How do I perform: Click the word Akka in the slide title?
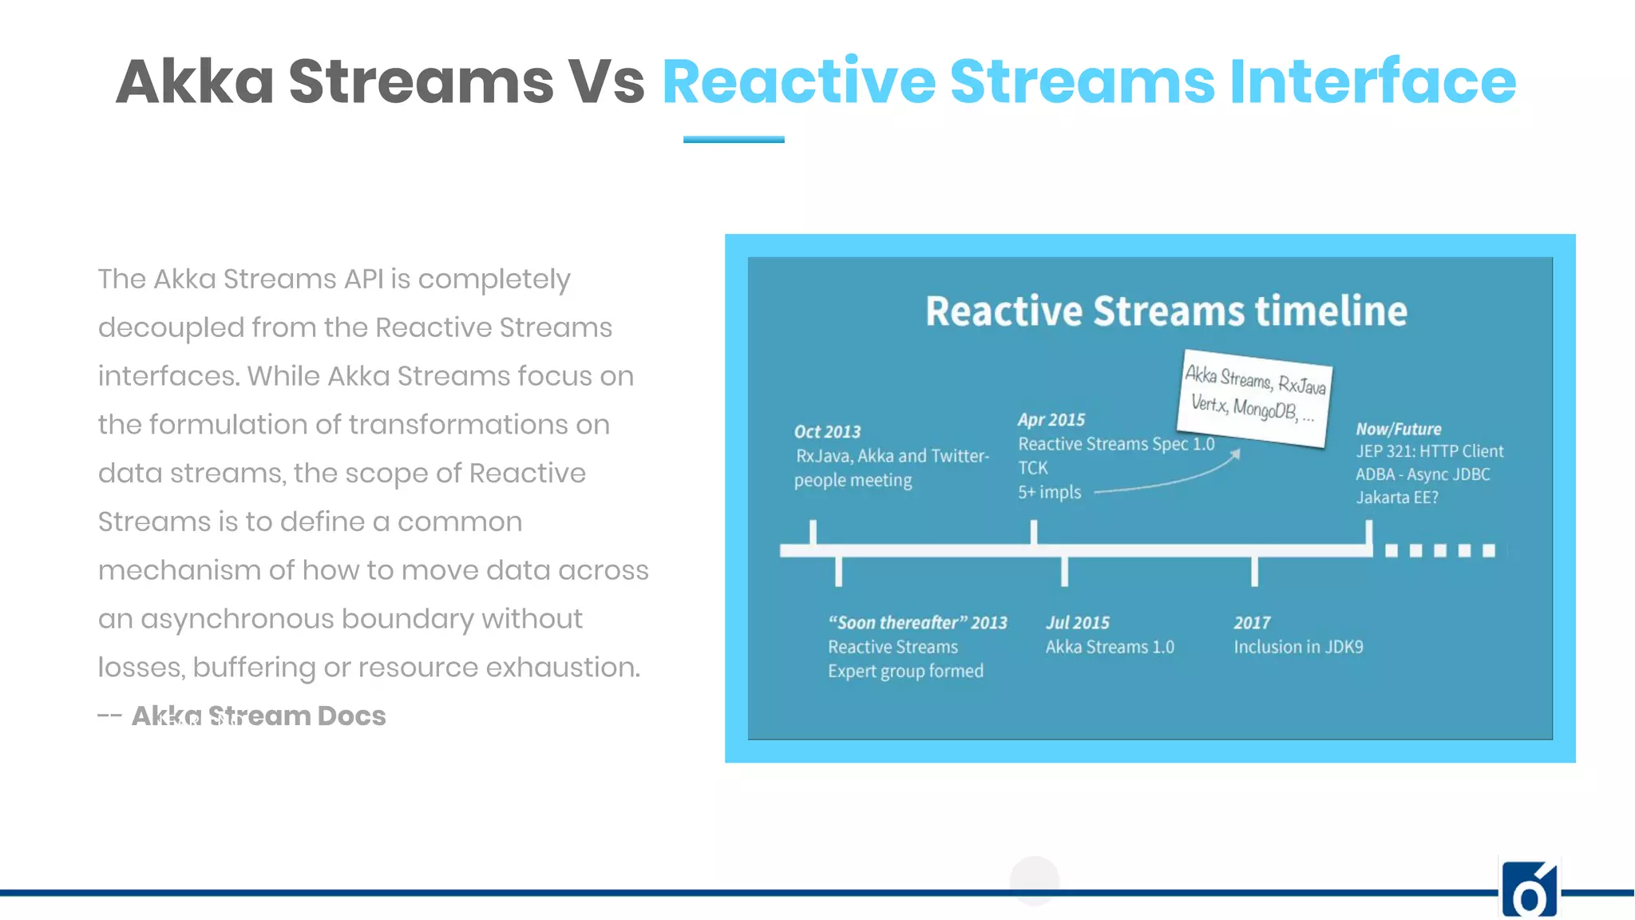196,81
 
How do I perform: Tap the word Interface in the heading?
1372,81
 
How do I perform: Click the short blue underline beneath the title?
734,140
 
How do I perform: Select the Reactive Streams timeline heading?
1166,311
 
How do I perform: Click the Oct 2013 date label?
827,432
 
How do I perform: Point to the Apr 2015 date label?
1051,420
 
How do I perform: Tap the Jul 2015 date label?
1078,623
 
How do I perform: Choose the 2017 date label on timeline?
1252,623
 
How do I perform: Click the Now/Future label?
1399,429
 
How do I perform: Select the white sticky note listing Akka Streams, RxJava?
1254,397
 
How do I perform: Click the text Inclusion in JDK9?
1298,647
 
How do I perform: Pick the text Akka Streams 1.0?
1110,647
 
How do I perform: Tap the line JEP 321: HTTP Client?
1429,451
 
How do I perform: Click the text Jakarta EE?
1397,498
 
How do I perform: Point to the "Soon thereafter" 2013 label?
917,623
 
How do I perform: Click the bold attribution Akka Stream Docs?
259,716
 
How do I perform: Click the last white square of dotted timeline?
1489,550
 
